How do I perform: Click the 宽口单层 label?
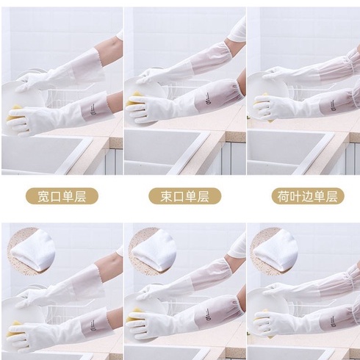pyautogui.click(x=62, y=196)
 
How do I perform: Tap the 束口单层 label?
pyautogui.click(x=185, y=196)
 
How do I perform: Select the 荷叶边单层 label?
pyautogui.click(x=308, y=196)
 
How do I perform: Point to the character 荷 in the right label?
pyautogui.click(x=284, y=196)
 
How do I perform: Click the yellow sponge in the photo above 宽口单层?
pyautogui.click(x=15, y=114)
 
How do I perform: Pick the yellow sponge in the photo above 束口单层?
pyautogui.click(x=134, y=99)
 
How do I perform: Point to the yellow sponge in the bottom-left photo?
pyautogui.click(x=15, y=329)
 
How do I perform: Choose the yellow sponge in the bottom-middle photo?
pyautogui.click(x=134, y=314)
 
